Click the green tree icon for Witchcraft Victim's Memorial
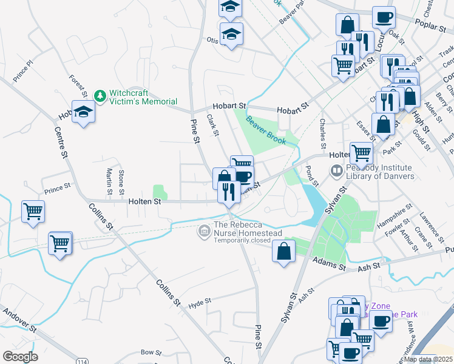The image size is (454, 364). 100,96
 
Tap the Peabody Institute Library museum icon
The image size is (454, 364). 336,172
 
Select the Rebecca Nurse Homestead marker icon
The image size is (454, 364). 204,231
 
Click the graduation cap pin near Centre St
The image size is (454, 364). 84,112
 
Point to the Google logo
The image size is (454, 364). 20,356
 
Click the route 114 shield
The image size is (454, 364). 81,360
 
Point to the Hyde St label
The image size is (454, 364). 199,302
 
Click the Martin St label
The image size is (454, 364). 109,182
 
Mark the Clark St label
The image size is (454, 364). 212,125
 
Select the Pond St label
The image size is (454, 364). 313,175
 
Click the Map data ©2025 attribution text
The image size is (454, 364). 428,359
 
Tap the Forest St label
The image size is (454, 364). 78,86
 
